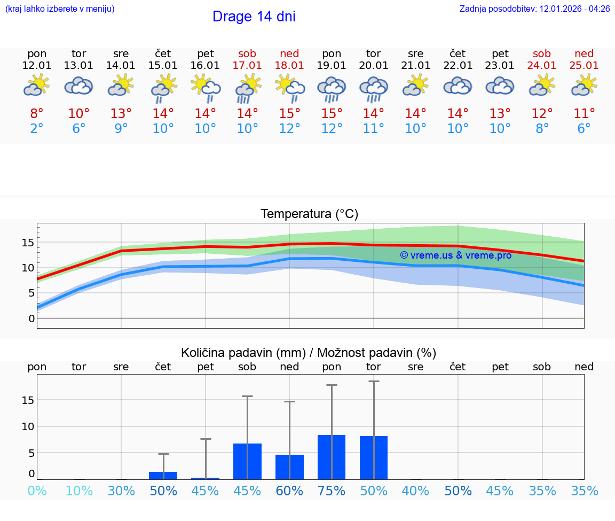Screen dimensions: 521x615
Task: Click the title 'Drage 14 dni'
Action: pyautogui.click(x=254, y=17)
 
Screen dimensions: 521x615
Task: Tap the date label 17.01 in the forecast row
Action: pyautogui.click(x=247, y=66)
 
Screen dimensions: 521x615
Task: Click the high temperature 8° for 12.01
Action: pyautogui.click(x=37, y=114)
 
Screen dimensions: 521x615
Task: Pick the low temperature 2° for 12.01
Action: pyautogui.click(x=37, y=129)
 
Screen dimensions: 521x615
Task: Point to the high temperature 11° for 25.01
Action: pyautogui.click(x=584, y=114)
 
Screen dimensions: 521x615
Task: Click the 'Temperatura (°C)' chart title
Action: pyautogui.click(x=309, y=214)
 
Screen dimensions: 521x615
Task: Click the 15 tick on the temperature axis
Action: pyautogui.click(x=28, y=243)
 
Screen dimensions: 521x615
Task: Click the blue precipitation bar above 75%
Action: pyautogui.click(x=332, y=457)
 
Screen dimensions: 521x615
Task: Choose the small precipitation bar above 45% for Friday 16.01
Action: pyautogui.click(x=206, y=478)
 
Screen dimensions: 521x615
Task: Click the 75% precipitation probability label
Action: pyautogui.click(x=332, y=491)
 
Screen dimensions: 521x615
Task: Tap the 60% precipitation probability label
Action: pyautogui.click(x=289, y=491)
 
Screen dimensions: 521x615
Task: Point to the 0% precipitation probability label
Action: pyautogui.click(x=37, y=491)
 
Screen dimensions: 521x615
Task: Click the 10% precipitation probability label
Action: pyautogui.click(x=79, y=491)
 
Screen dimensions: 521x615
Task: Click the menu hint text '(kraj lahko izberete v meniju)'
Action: pyautogui.click(x=60, y=9)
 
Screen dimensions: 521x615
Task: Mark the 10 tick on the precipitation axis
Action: pyautogui.click(x=28, y=426)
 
